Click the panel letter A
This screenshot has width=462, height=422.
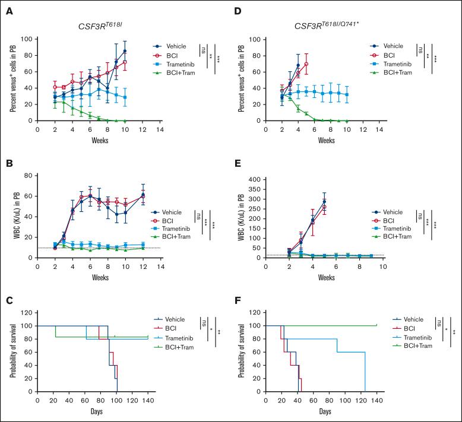(x=8, y=8)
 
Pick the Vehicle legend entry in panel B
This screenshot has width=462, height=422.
(x=176, y=211)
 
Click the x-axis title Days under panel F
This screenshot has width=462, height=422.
(x=325, y=411)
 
